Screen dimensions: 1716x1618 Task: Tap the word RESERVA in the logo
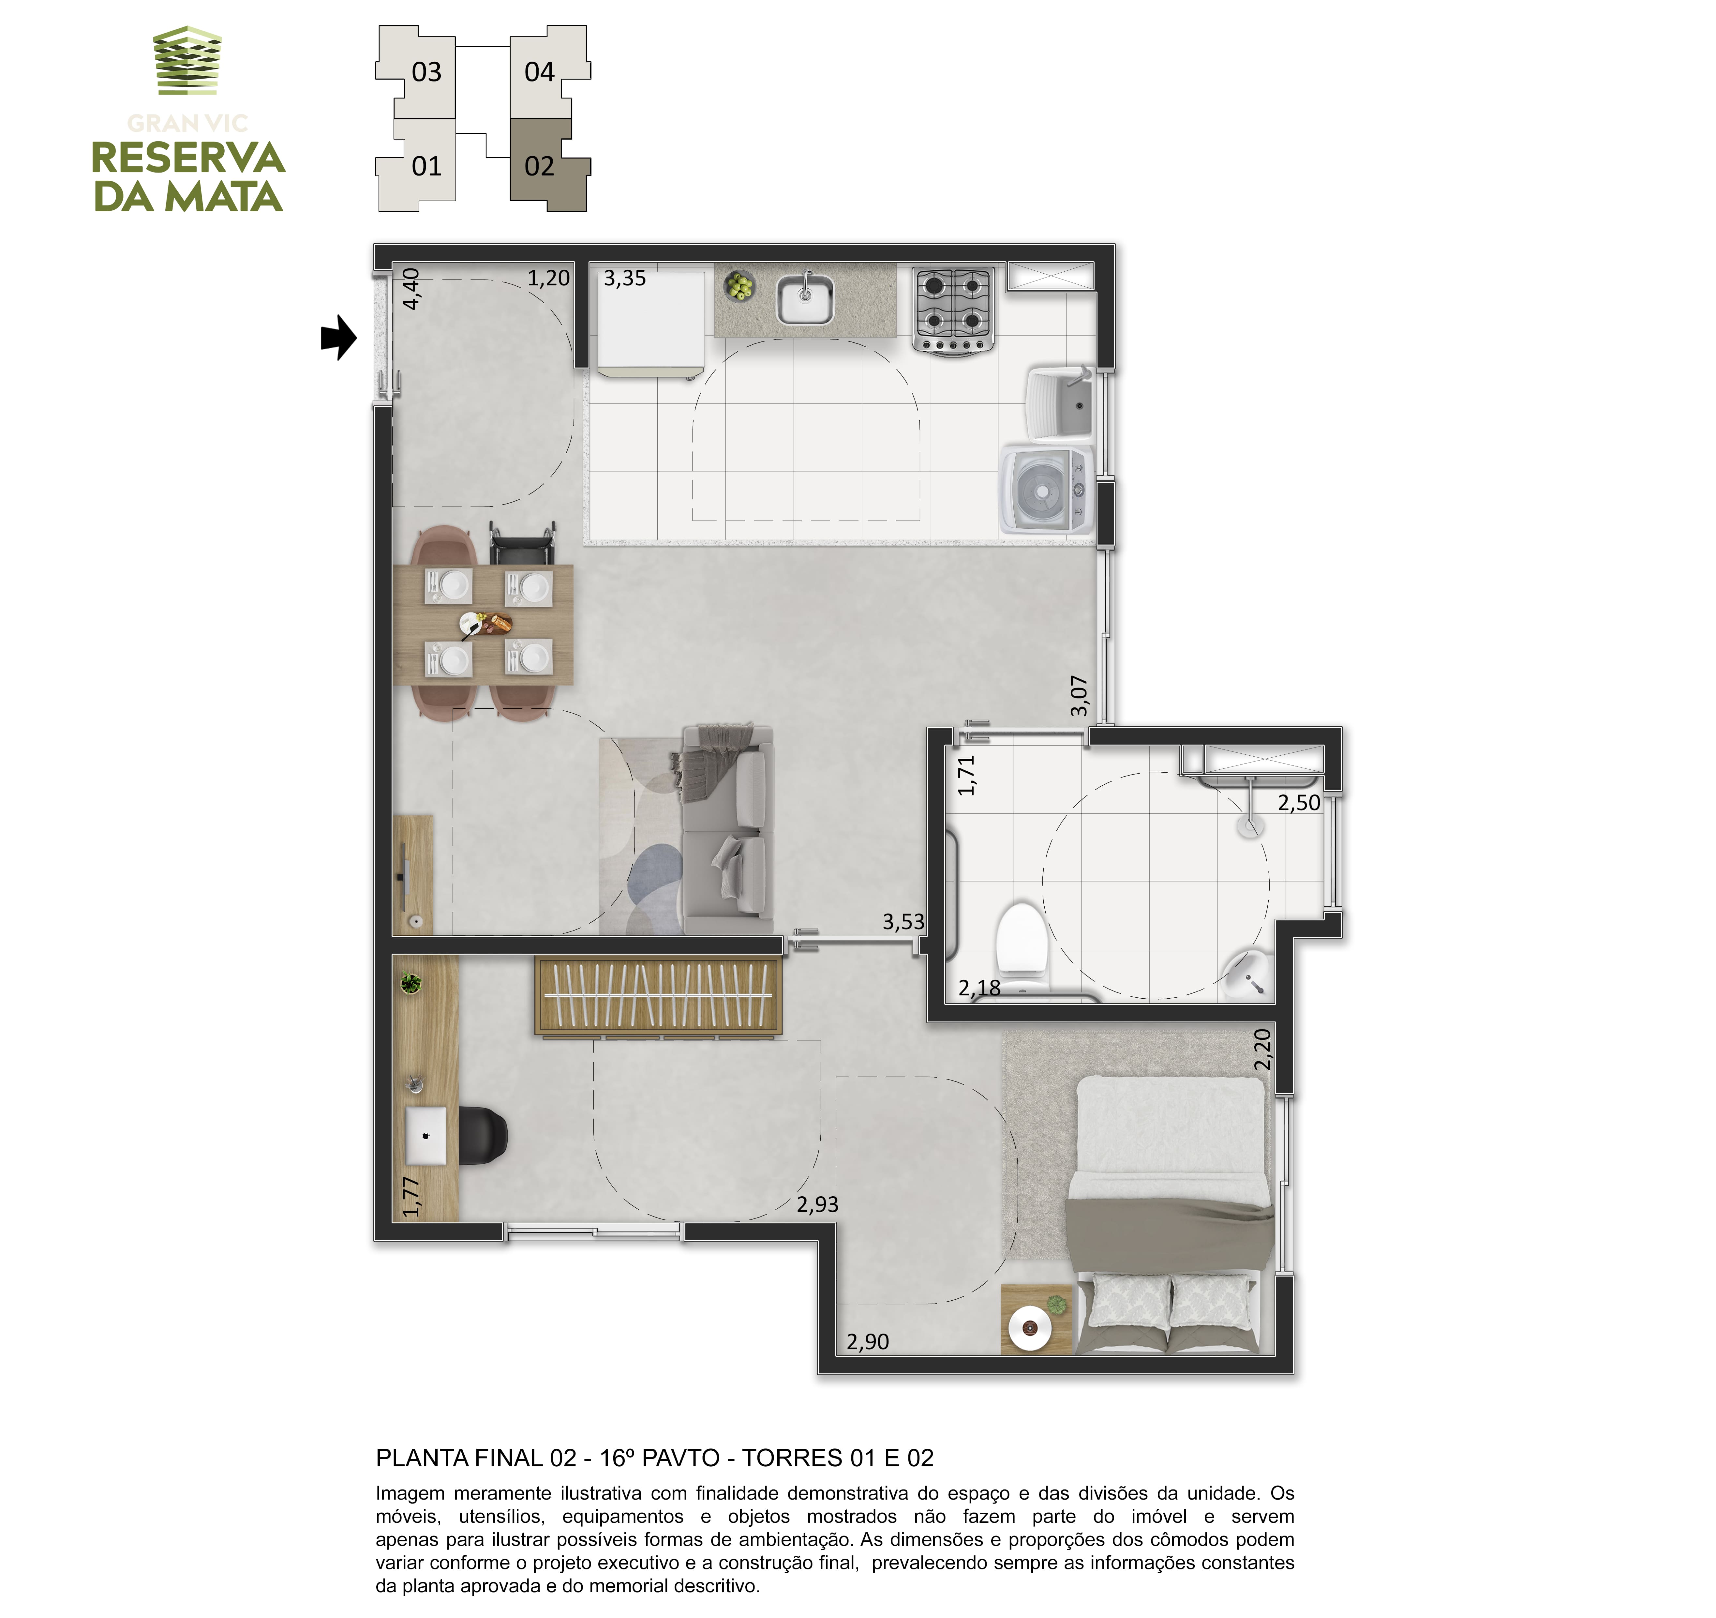coord(188,158)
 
